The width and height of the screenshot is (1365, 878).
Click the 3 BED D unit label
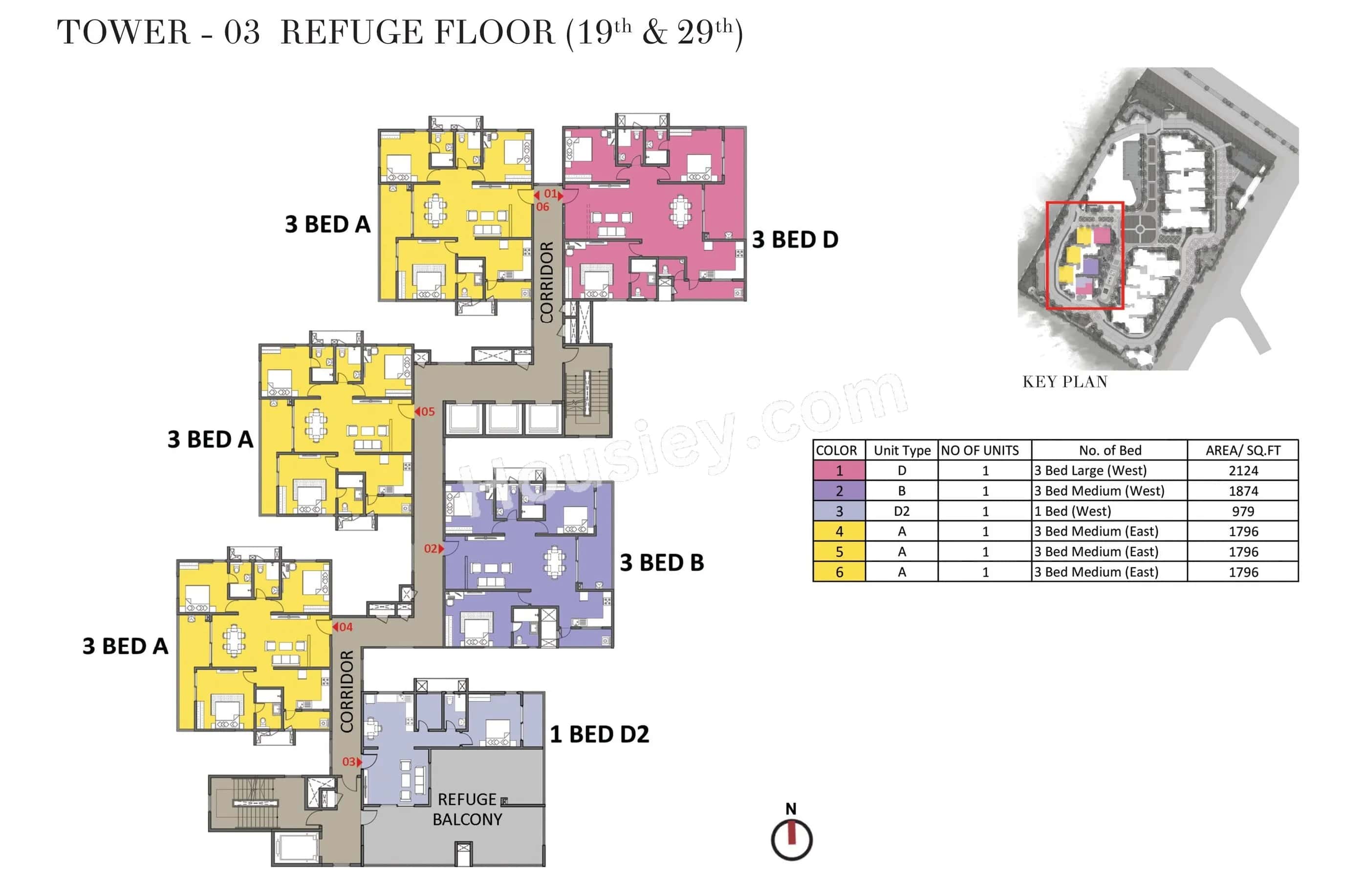pos(795,240)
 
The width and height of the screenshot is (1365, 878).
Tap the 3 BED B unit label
pos(661,563)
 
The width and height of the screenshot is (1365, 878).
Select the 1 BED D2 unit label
pos(599,734)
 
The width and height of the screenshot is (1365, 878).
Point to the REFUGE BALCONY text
pos(467,810)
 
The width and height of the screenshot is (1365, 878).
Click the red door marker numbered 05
pos(425,411)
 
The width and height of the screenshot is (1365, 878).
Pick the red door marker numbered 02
pos(433,549)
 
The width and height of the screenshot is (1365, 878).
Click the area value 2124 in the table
pos(1242,471)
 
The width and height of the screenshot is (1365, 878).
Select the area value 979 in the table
pos(1242,511)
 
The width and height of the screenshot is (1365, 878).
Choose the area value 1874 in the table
pos(1242,491)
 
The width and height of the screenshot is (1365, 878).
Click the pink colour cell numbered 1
pos(839,471)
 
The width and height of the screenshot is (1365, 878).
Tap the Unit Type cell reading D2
pos(901,511)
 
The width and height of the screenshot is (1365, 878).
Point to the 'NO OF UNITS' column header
pos(979,450)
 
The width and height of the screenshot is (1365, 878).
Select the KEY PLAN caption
pos(1064,382)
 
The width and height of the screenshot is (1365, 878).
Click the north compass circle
pos(791,839)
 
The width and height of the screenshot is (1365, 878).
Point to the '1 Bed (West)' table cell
pos(1072,511)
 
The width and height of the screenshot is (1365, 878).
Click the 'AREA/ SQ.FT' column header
pos(1242,450)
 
